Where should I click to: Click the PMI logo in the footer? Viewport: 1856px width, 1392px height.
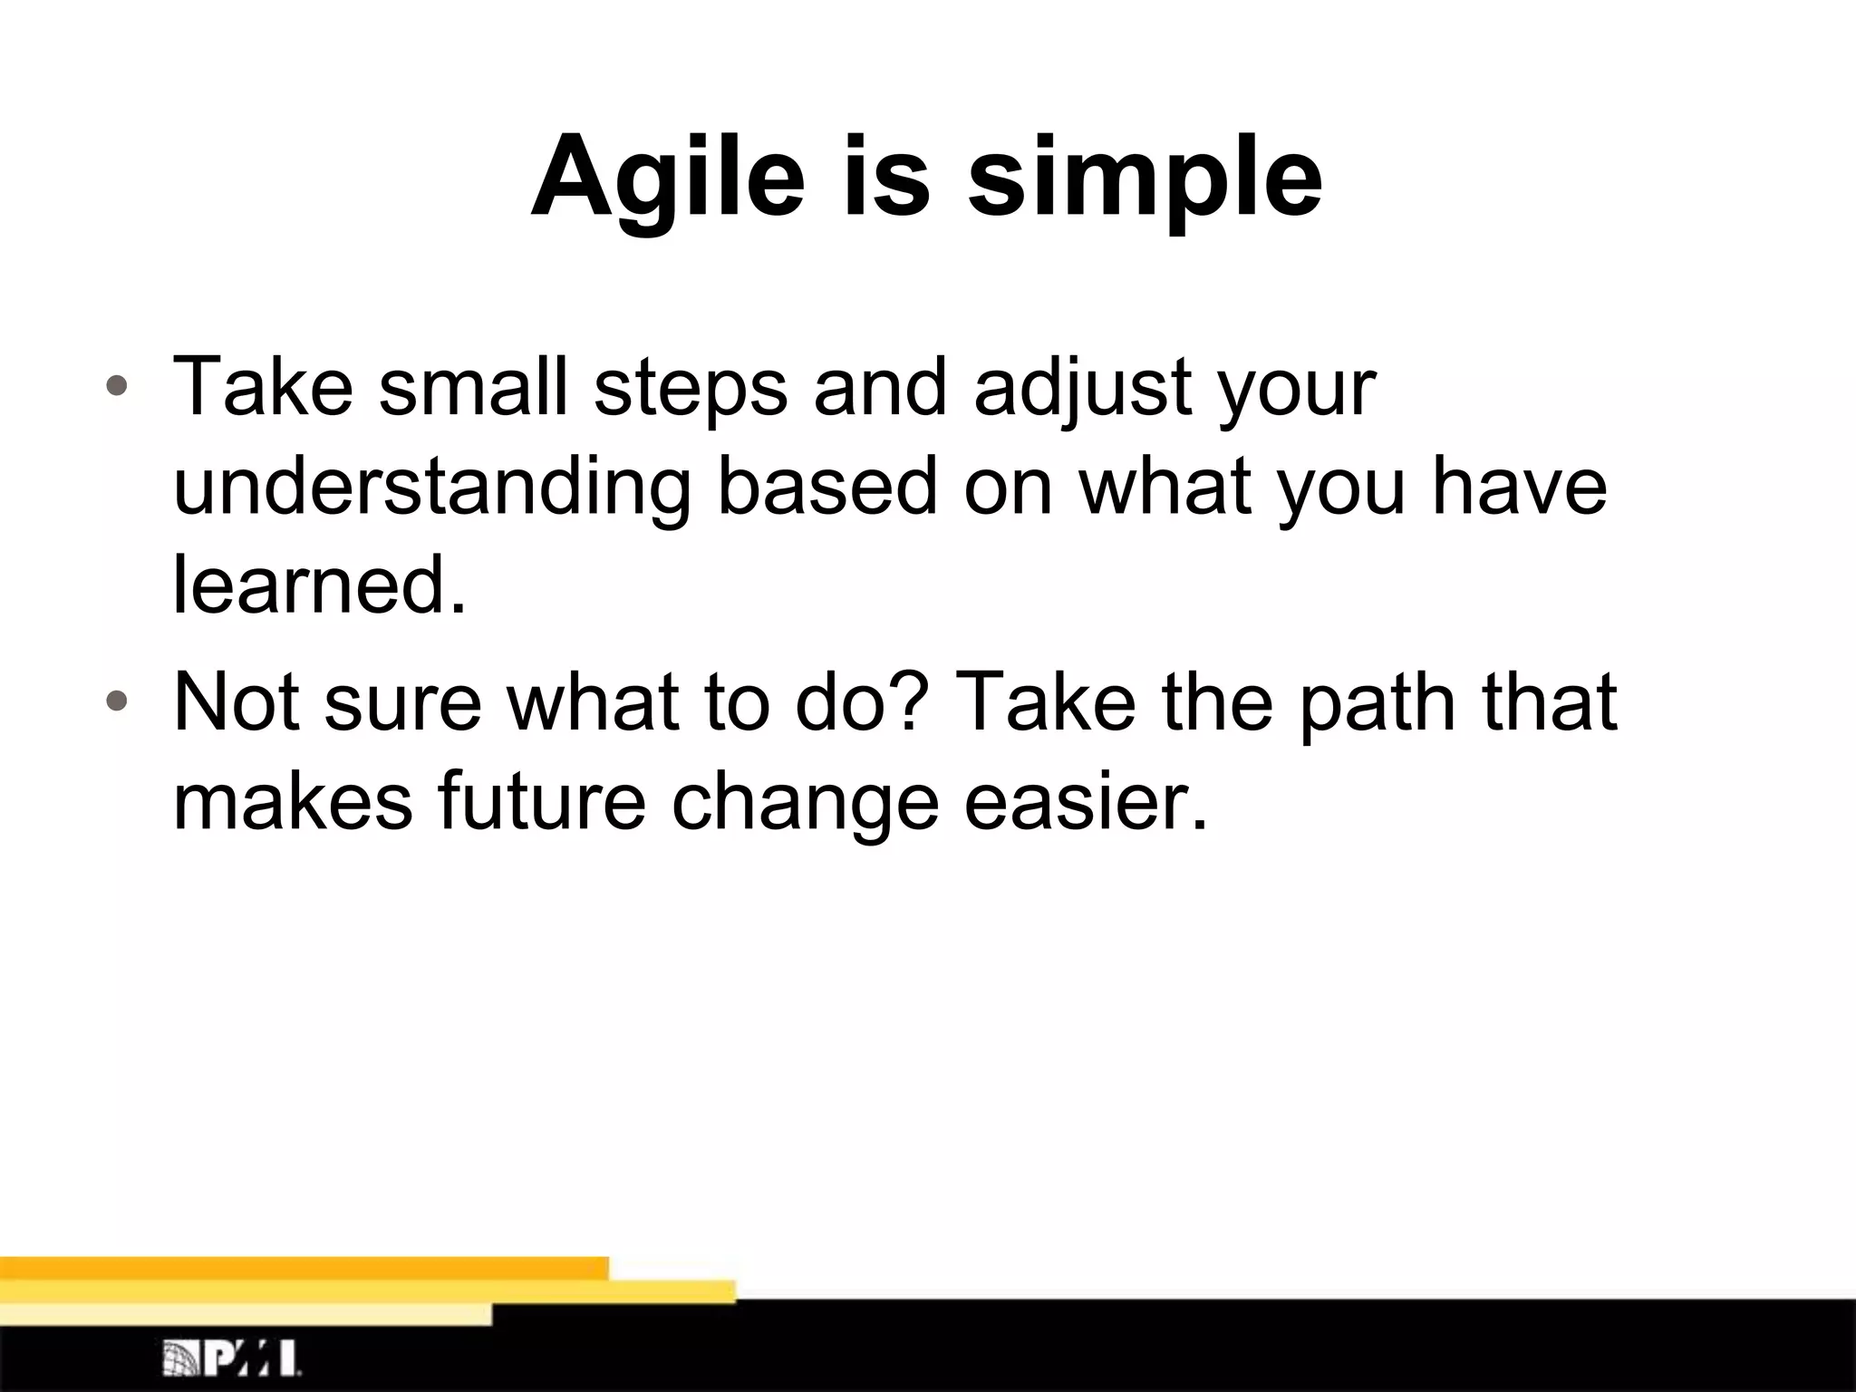[x=232, y=1358]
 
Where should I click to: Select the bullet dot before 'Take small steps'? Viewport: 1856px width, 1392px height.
[x=116, y=387]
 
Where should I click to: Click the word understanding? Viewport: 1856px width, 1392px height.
[x=431, y=488]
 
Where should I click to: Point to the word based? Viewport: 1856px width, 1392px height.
[x=827, y=488]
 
